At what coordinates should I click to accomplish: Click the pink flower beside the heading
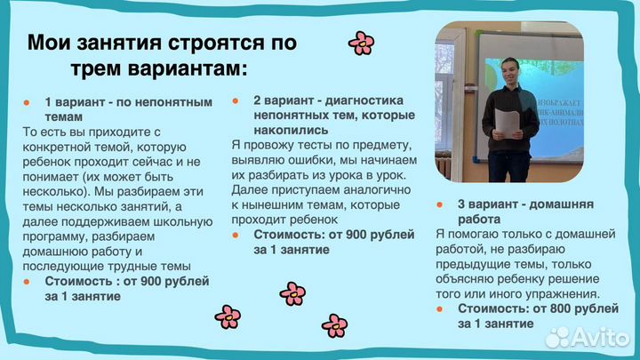[361, 43]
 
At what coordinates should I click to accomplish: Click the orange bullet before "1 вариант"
[27, 102]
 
